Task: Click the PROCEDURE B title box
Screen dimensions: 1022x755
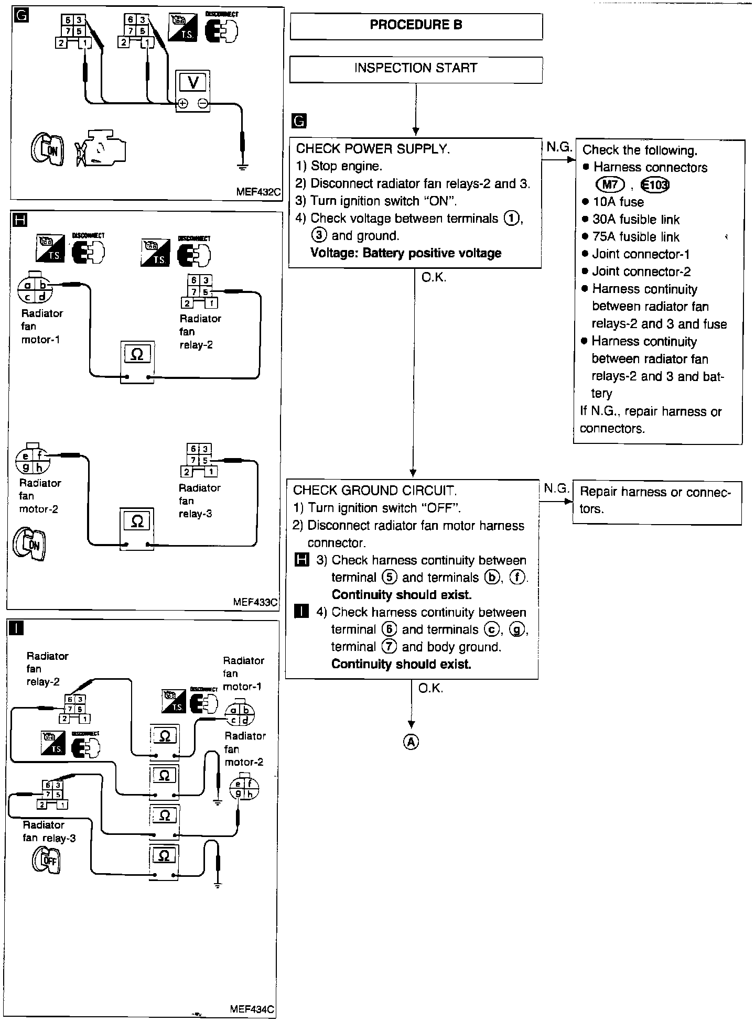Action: coord(416,26)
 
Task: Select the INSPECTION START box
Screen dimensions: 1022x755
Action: coord(416,69)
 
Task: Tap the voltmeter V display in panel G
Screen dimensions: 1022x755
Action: coord(193,82)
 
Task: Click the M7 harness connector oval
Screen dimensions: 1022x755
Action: coord(611,184)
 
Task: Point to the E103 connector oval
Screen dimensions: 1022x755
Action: coord(655,185)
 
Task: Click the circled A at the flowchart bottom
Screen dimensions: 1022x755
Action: coord(412,742)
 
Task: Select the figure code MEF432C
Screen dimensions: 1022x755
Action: coord(258,192)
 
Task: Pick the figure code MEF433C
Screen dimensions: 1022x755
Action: coord(255,602)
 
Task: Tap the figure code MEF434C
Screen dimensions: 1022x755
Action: coord(252,1009)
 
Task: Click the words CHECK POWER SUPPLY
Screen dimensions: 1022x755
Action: coord(373,149)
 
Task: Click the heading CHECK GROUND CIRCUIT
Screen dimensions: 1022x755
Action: coord(375,491)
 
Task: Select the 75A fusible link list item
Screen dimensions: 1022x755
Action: coord(635,237)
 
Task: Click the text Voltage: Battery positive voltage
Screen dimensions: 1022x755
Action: coord(406,253)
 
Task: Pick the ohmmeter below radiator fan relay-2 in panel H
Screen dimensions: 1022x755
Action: coord(137,362)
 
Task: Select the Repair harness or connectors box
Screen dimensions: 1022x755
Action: coord(657,501)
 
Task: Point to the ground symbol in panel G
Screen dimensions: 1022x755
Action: coord(242,167)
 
